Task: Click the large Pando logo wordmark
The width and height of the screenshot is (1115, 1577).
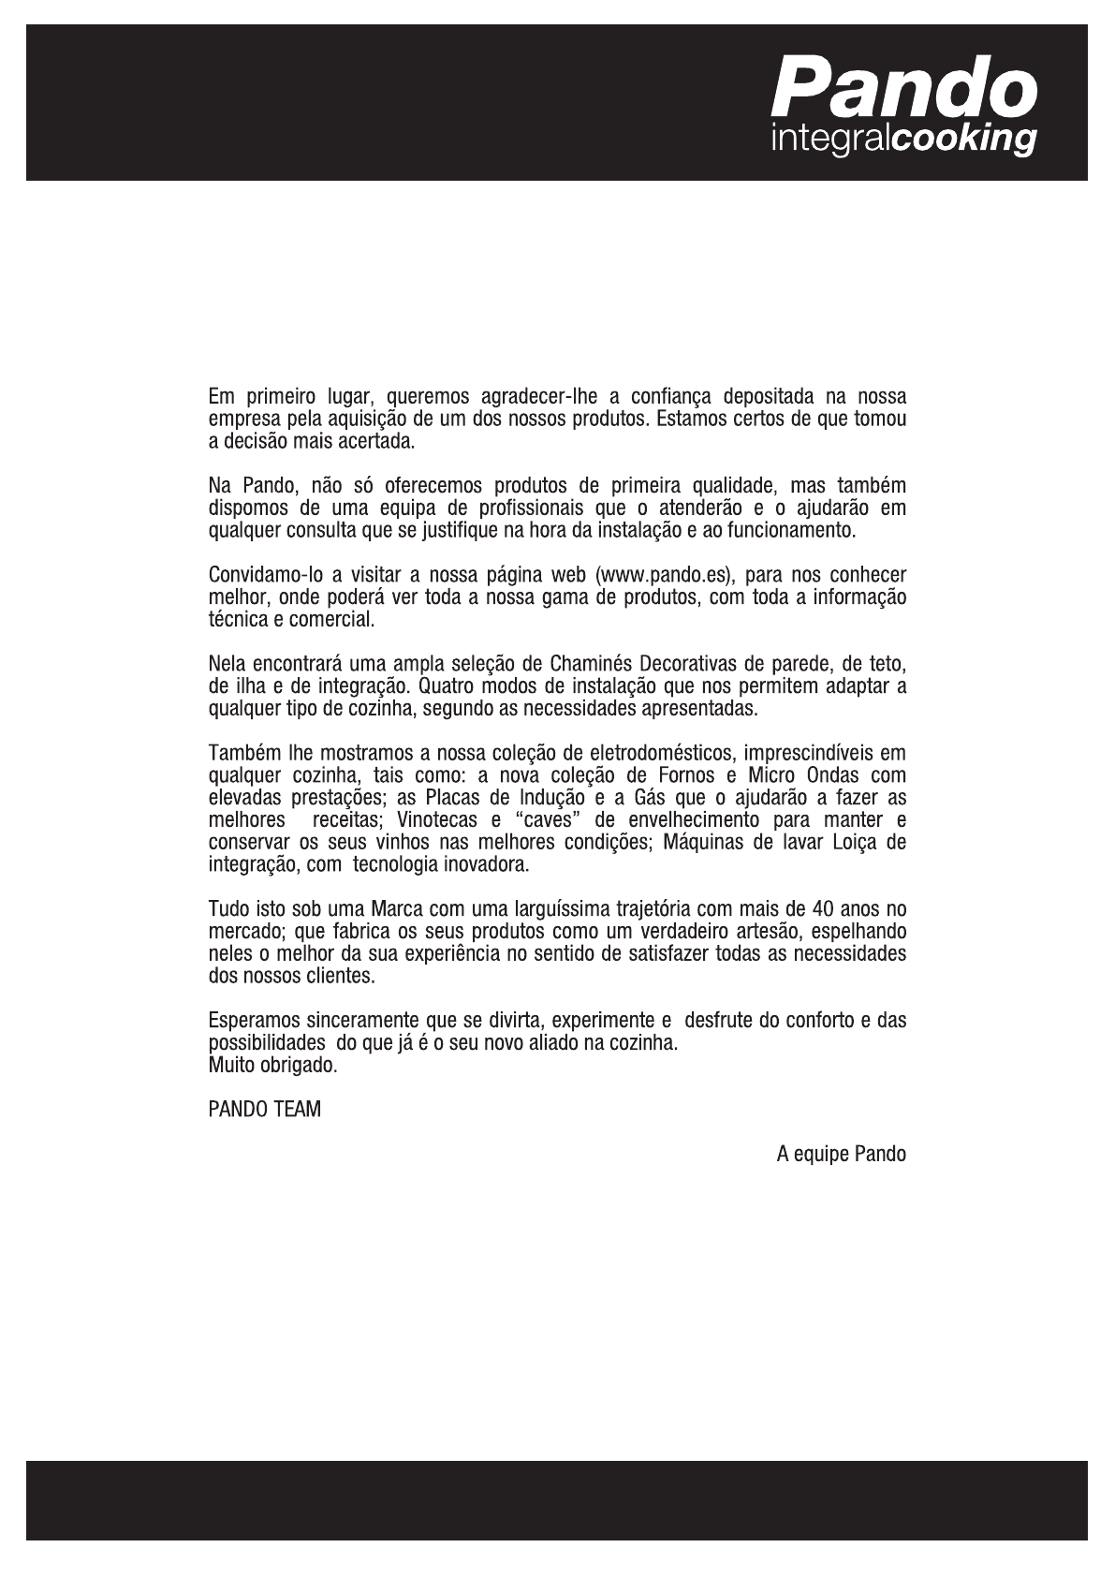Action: [904, 86]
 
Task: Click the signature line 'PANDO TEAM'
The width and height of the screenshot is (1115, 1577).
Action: [264, 1110]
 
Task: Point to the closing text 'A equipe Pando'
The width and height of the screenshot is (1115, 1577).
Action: [841, 1154]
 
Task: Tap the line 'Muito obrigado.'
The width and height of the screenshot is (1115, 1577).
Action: [272, 1066]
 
